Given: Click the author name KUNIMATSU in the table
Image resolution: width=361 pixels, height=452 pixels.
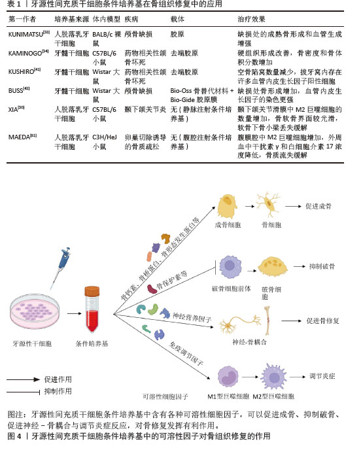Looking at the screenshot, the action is pyautogui.click(x=26, y=35).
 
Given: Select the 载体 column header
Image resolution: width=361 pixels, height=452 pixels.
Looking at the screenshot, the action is pyautogui.click(x=177, y=20).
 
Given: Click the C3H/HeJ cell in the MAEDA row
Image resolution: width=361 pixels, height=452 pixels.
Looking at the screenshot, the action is pyautogui.click(x=104, y=137).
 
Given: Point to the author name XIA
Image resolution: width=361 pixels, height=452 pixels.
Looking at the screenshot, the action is pyautogui.click(x=13, y=110).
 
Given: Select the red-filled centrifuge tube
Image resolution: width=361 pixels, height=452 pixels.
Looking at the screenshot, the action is pyautogui.click(x=92, y=309).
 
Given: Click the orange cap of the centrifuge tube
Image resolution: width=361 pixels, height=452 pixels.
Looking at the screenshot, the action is pyautogui.click(x=92, y=291).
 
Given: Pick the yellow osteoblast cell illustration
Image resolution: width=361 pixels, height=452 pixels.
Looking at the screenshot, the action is pyautogui.click(x=227, y=206).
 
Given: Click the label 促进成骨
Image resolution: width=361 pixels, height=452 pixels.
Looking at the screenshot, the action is pyautogui.click(x=318, y=207).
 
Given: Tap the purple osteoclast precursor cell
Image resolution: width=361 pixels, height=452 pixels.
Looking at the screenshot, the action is pyautogui.click(x=230, y=267).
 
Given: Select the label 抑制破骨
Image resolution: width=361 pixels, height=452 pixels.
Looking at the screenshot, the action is pyautogui.click(x=322, y=267).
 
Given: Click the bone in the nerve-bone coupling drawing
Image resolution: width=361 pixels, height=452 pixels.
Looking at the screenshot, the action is pyautogui.click(x=267, y=321).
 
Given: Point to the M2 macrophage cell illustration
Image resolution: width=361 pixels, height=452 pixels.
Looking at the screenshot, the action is pyautogui.click(x=273, y=377).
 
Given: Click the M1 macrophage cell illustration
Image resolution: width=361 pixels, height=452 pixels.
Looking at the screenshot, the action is pyautogui.click(x=228, y=377).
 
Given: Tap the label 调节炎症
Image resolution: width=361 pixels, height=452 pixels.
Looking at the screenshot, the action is pyautogui.click(x=322, y=376).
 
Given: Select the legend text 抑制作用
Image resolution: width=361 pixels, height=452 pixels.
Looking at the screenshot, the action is pyautogui.click(x=58, y=391).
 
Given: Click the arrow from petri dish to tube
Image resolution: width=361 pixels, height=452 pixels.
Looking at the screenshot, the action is pyautogui.click(x=75, y=313).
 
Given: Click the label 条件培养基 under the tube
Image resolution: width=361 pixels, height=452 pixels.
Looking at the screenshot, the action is pyautogui.click(x=92, y=343).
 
